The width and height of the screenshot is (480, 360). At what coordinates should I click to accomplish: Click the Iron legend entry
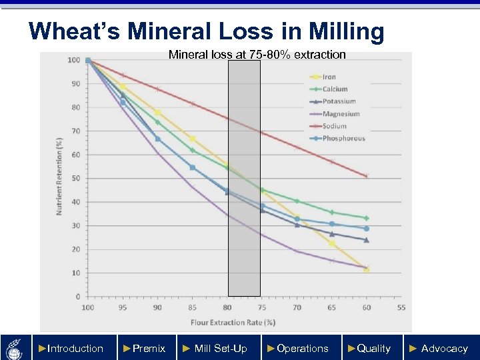click(x=329, y=77)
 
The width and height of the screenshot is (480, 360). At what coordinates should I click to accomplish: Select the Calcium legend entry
click(x=335, y=89)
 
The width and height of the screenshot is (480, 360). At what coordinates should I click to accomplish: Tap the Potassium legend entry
click(x=339, y=101)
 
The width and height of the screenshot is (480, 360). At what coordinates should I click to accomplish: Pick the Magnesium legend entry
click(x=341, y=114)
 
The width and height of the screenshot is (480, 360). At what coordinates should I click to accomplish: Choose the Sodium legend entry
click(x=335, y=126)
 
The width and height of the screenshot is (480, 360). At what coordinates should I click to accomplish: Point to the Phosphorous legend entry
click(x=343, y=139)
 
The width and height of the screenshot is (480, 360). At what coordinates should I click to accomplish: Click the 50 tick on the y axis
click(x=77, y=179)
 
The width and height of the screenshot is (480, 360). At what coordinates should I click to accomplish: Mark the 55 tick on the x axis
click(x=401, y=307)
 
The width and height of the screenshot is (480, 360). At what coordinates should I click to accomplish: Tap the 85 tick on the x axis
click(x=192, y=307)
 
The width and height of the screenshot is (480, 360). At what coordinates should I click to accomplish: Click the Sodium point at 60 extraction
click(x=367, y=176)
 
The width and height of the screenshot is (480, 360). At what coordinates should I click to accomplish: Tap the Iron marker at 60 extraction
click(x=367, y=269)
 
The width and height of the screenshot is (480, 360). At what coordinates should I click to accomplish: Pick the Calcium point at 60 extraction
click(x=367, y=218)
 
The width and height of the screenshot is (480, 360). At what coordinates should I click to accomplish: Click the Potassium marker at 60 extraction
click(x=367, y=240)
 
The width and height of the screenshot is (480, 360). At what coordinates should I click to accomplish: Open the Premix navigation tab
click(x=145, y=348)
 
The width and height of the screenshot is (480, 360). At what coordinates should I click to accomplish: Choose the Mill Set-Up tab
click(x=216, y=348)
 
